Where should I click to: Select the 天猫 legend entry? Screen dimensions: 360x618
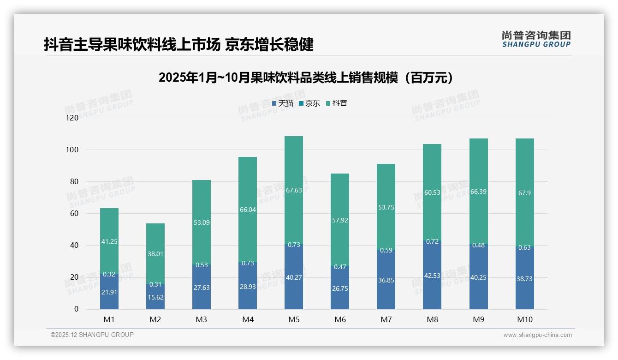click(282, 103)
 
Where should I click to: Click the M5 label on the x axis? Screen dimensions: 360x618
click(294, 319)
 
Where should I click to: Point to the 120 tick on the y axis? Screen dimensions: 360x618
click(72, 118)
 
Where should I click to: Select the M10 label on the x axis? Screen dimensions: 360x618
click(524, 319)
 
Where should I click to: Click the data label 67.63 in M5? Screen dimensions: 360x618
click(294, 190)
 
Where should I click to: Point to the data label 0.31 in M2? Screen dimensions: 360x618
click(155, 284)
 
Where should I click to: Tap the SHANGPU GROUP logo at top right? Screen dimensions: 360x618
click(536, 39)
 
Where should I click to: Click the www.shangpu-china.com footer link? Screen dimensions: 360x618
click(537, 335)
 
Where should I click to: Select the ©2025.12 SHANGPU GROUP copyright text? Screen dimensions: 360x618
click(92, 335)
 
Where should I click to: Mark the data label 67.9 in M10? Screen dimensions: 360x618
click(524, 193)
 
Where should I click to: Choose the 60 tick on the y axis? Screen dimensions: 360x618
click(74, 214)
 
